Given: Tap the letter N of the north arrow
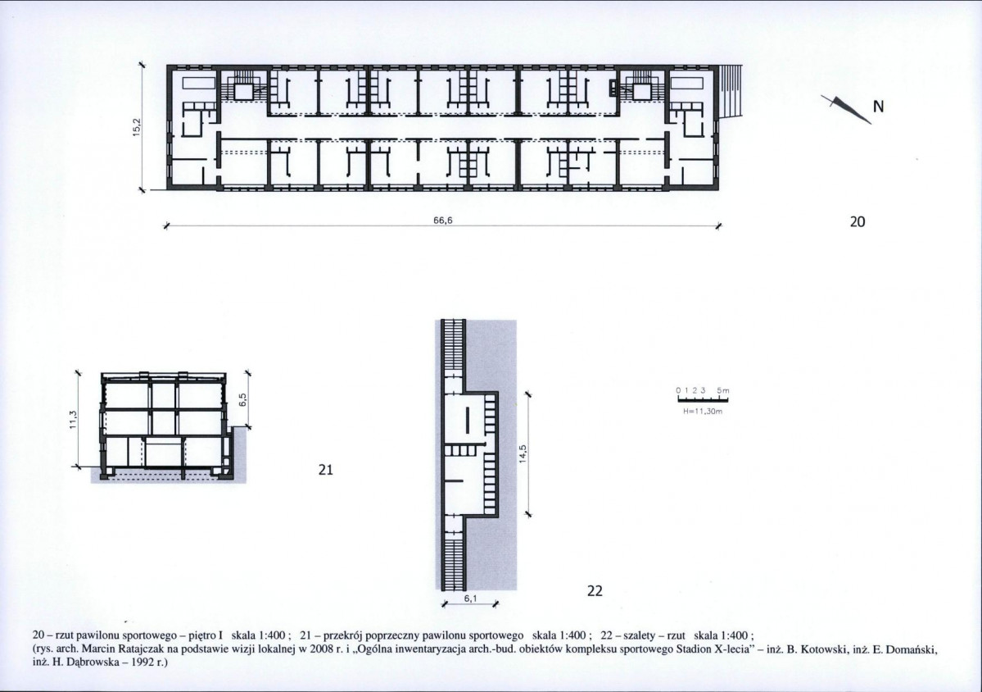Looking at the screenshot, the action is click(878, 107).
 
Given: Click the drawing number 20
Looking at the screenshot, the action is click(858, 221).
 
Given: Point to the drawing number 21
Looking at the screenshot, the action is click(326, 470).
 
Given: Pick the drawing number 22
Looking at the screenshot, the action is click(595, 590).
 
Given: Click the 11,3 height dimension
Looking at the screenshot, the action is click(73, 420).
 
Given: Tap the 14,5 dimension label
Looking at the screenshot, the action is click(523, 454).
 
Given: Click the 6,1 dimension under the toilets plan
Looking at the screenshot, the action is click(470, 599).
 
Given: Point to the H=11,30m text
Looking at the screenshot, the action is click(703, 412).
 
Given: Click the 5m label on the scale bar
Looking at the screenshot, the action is click(723, 390).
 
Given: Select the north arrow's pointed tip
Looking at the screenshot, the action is click(871, 124).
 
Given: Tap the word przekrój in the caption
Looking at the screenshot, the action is click(346, 634).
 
